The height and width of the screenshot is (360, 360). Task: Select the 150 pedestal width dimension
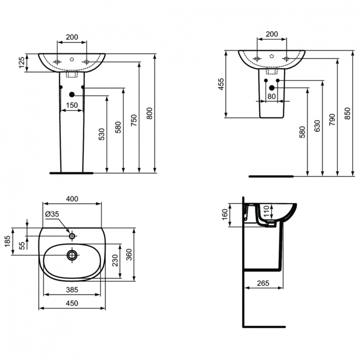(x=72, y=105)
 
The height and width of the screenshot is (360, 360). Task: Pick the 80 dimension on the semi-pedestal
(x=272, y=96)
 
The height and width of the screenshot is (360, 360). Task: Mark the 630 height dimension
(x=317, y=126)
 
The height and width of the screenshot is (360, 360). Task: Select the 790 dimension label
(x=332, y=120)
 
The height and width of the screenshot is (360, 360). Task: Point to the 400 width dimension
(x=72, y=199)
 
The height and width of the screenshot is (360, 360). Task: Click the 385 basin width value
(x=72, y=289)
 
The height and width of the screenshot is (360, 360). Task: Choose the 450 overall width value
(x=72, y=303)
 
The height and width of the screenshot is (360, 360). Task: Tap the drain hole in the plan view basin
(x=72, y=254)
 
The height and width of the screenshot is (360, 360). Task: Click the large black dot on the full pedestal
(x=72, y=95)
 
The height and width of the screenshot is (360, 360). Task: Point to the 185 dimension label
(x=8, y=240)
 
